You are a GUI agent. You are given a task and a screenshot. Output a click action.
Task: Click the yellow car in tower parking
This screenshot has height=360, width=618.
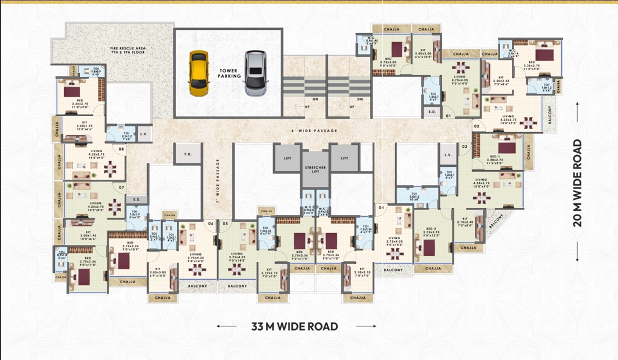(x=198, y=72)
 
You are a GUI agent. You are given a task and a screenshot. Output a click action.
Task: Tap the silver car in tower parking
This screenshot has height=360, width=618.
(x=254, y=72)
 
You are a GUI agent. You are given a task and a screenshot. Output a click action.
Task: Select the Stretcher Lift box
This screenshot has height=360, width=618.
(x=315, y=169)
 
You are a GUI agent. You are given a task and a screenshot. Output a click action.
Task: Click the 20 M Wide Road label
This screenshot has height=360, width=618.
(x=578, y=183)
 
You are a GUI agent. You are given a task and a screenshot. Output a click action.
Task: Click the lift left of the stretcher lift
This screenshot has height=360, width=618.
(x=286, y=158)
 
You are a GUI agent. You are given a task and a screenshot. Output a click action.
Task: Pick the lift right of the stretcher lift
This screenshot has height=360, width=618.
(x=344, y=158)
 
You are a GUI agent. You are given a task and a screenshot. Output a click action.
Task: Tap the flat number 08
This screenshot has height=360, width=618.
(x=121, y=149)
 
